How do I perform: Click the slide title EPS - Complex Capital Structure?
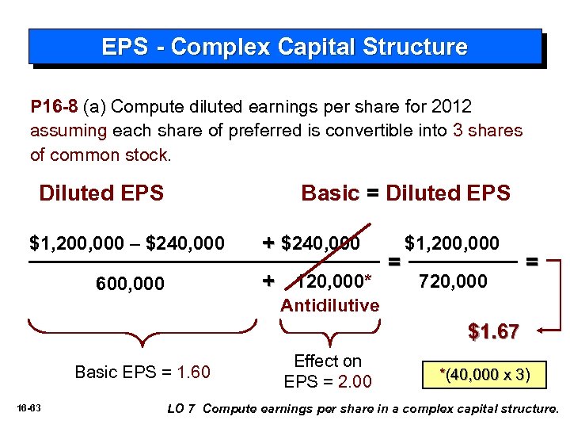point(284,47)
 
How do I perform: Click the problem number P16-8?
point(52,106)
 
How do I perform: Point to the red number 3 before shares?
point(458,130)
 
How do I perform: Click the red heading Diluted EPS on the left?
point(101,193)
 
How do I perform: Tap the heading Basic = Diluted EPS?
point(405,193)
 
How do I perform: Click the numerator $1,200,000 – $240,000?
point(127,243)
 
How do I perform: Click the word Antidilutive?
point(330,305)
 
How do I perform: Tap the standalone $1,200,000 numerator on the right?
point(451,243)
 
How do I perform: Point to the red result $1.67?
point(493,332)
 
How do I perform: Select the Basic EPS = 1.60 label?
point(142,372)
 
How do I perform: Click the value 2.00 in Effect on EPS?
point(354,381)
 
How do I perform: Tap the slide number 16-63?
point(32,408)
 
